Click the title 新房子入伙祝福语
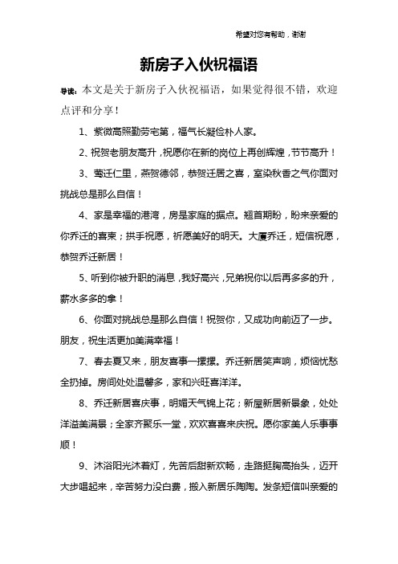coord(198,63)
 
